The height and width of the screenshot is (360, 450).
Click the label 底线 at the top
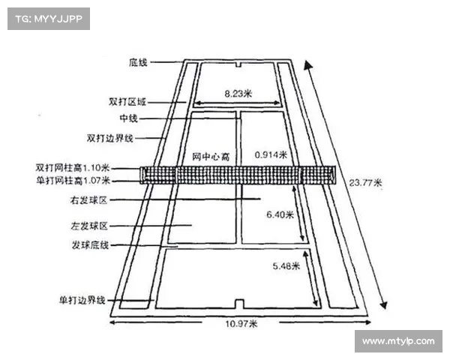(x=138, y=63)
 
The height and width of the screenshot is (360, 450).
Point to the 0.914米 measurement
(x=271, y=154)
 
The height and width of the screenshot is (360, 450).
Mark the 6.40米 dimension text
(x=280, y=214)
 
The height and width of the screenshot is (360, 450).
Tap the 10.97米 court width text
(x=241, y=324)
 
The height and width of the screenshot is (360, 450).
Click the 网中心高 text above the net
(x=210, y=155)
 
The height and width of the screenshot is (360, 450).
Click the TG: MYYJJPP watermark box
(x=49, y=19)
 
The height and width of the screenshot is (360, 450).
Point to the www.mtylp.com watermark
(x=397, y=341)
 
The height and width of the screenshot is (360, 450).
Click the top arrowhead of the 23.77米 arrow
(x=307, y=65)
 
